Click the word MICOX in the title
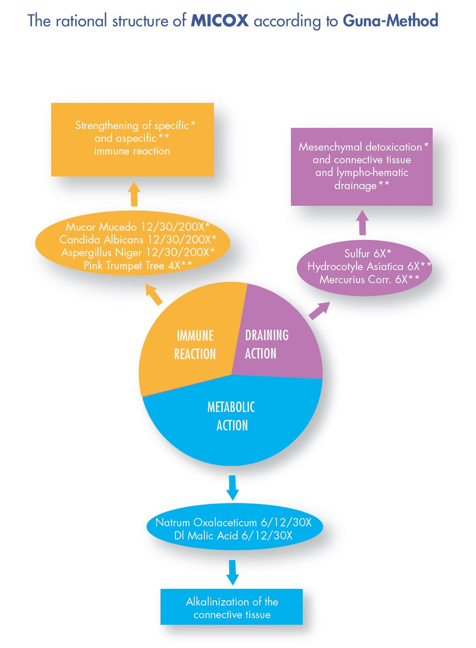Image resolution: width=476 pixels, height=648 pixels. (x=219, y=21)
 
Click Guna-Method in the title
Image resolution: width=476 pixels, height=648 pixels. (x=390, y=21)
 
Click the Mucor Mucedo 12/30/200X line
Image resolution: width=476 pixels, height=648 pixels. (x=137, y=227)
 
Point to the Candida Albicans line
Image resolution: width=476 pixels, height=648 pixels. (x=137, y=240)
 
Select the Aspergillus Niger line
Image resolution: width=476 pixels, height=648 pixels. (x=137, y=252)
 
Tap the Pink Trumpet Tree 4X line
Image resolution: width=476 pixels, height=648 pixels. (x=137, y=265)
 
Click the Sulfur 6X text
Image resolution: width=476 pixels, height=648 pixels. (x=367, y=253)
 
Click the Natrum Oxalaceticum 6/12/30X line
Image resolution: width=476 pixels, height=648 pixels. (x=233, y=522)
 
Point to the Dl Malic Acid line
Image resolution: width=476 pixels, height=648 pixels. (x=233, y=536)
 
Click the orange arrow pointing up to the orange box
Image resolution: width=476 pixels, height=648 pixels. (x=134, y=194)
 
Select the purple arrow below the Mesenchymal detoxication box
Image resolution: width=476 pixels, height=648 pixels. (x=362, y=222)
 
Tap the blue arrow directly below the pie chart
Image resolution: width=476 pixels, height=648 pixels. (x=232, y=487)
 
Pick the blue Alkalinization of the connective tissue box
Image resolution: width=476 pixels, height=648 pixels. (x=231, y=607)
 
